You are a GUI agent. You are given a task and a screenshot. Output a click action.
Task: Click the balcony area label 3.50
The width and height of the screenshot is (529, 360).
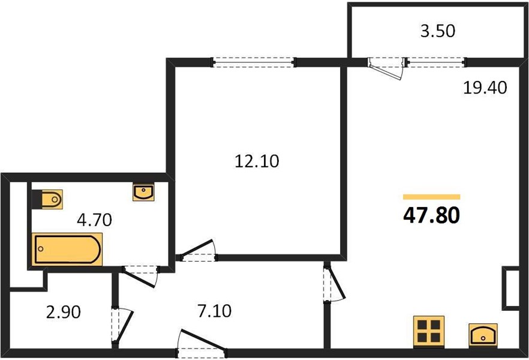tap(438, 31)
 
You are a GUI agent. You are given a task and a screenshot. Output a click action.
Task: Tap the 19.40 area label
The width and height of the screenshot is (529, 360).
tap(485, 88)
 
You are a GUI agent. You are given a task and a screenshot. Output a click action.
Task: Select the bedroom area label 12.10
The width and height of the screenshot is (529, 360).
tap(257, 161)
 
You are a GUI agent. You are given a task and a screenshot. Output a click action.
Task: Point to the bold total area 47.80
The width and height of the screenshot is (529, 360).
tap(431, 215)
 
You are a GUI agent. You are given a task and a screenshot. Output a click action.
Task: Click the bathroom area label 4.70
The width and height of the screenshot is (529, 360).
tap(95, 220)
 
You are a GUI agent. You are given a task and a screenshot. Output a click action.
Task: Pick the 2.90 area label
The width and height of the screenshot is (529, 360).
tap(64, 312)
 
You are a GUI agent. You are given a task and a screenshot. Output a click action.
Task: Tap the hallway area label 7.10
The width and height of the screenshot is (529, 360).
tap(215, 311)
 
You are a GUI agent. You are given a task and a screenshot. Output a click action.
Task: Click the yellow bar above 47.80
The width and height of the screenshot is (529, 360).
tap(431, 197)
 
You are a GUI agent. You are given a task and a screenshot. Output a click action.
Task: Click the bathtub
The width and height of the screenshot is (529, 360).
tap(67, 249)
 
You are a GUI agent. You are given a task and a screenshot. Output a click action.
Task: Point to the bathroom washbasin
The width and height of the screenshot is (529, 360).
tap(143, 192)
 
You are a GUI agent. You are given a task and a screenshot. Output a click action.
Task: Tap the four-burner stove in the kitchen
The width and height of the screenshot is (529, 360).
tap(429, 331)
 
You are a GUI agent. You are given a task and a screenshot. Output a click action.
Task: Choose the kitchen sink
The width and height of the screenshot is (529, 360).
tap(483, 335)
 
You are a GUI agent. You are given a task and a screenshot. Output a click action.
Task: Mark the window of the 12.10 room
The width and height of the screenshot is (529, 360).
tap(253, 62)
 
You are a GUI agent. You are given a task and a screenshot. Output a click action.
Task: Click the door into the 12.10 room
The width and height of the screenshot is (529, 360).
tap(198, 251)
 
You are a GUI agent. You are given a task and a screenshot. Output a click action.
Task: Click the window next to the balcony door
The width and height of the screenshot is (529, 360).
tap(437, 62)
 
